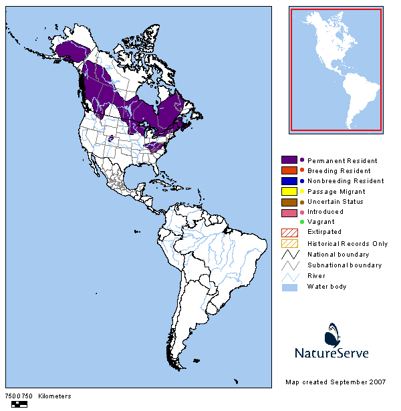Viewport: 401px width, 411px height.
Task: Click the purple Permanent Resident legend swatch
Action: coord(289,160)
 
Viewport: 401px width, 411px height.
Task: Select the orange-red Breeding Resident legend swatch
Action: coord(289,170)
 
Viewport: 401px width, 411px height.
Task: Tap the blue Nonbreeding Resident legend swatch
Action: coord(289,181)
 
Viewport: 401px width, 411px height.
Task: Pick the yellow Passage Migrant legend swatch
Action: coord(289,192)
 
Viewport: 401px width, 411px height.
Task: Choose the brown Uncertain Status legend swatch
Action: coord(289,202)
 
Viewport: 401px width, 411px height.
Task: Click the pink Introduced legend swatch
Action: coord(289,212)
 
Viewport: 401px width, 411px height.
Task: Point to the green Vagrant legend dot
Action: coord(302,222)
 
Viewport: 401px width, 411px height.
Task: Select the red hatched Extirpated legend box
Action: coord(289,233)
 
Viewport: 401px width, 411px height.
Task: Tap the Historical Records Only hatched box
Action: coord(289,243)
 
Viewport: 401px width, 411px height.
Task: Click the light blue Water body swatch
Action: coord(289,286)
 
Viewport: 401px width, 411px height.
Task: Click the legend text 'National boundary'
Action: coord(338,255)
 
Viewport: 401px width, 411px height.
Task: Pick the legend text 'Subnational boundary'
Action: coord(344,265)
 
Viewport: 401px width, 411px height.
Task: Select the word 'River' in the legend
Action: coord(315,275)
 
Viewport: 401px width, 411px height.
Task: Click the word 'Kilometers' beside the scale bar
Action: coord(55,396)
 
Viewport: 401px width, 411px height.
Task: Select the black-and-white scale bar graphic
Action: coord(20,404)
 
